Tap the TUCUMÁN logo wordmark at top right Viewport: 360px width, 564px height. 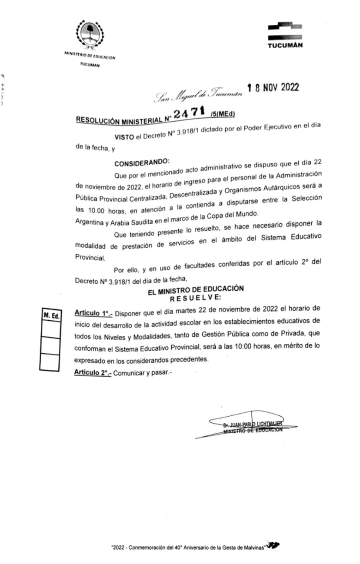tap(285, 45)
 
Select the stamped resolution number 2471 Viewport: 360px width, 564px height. tap(189, 113)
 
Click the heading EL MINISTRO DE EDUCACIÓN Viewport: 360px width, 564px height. tap(196, 289)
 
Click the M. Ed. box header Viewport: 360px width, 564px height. tap(50, 316)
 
